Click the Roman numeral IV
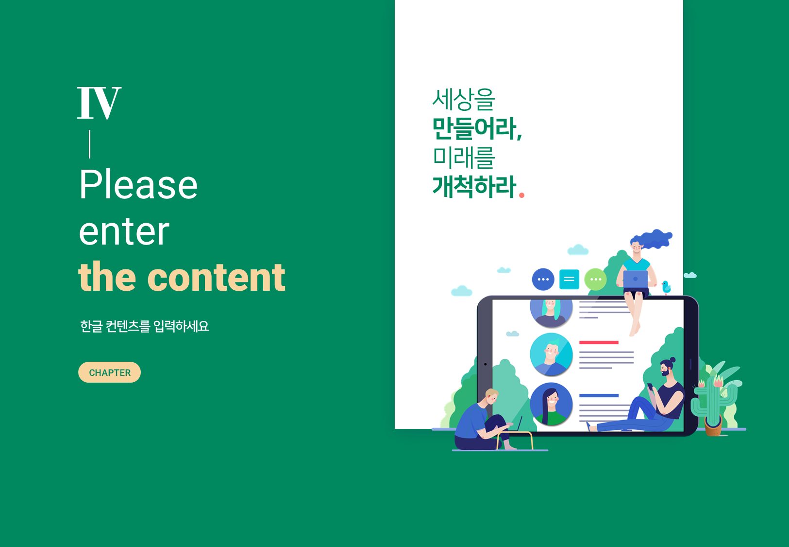100,103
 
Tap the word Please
138,184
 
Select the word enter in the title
124,232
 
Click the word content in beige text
216,278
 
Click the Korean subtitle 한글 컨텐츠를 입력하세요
145,326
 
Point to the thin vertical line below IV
90,144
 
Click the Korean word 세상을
464,99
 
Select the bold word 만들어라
477,128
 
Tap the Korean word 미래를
464,158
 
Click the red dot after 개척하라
521,195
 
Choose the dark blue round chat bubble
543,279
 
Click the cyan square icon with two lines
569,279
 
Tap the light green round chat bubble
595,279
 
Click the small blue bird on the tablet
666,287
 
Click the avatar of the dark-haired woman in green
551,404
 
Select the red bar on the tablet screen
599,342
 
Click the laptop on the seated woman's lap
636,279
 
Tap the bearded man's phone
650,387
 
